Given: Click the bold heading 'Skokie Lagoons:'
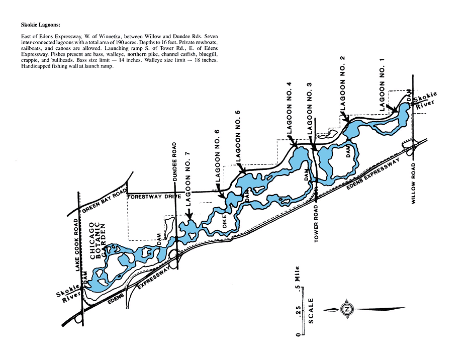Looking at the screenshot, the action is click(x=40, y=25).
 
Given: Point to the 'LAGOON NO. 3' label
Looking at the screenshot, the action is click(x=309, y=109).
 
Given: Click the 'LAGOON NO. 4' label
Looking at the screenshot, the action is click(x=289, y=108).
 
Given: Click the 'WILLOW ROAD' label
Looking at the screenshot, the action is click(x=413, y=184).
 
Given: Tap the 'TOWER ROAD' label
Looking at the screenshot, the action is click(x=316, y=224).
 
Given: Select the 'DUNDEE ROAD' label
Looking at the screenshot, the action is click(x=174, y=162).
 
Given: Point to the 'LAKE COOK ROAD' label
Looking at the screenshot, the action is click(x=77, y=245).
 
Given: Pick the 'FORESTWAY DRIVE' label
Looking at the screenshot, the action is click(x=154, y=197).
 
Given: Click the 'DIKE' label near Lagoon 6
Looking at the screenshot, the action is click(x=224, y=221).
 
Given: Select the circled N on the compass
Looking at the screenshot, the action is click(x=346, y=309).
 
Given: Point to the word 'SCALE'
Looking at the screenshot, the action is click(x=311, y=311).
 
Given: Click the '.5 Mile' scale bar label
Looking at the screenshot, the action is click(x=297, y=276).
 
